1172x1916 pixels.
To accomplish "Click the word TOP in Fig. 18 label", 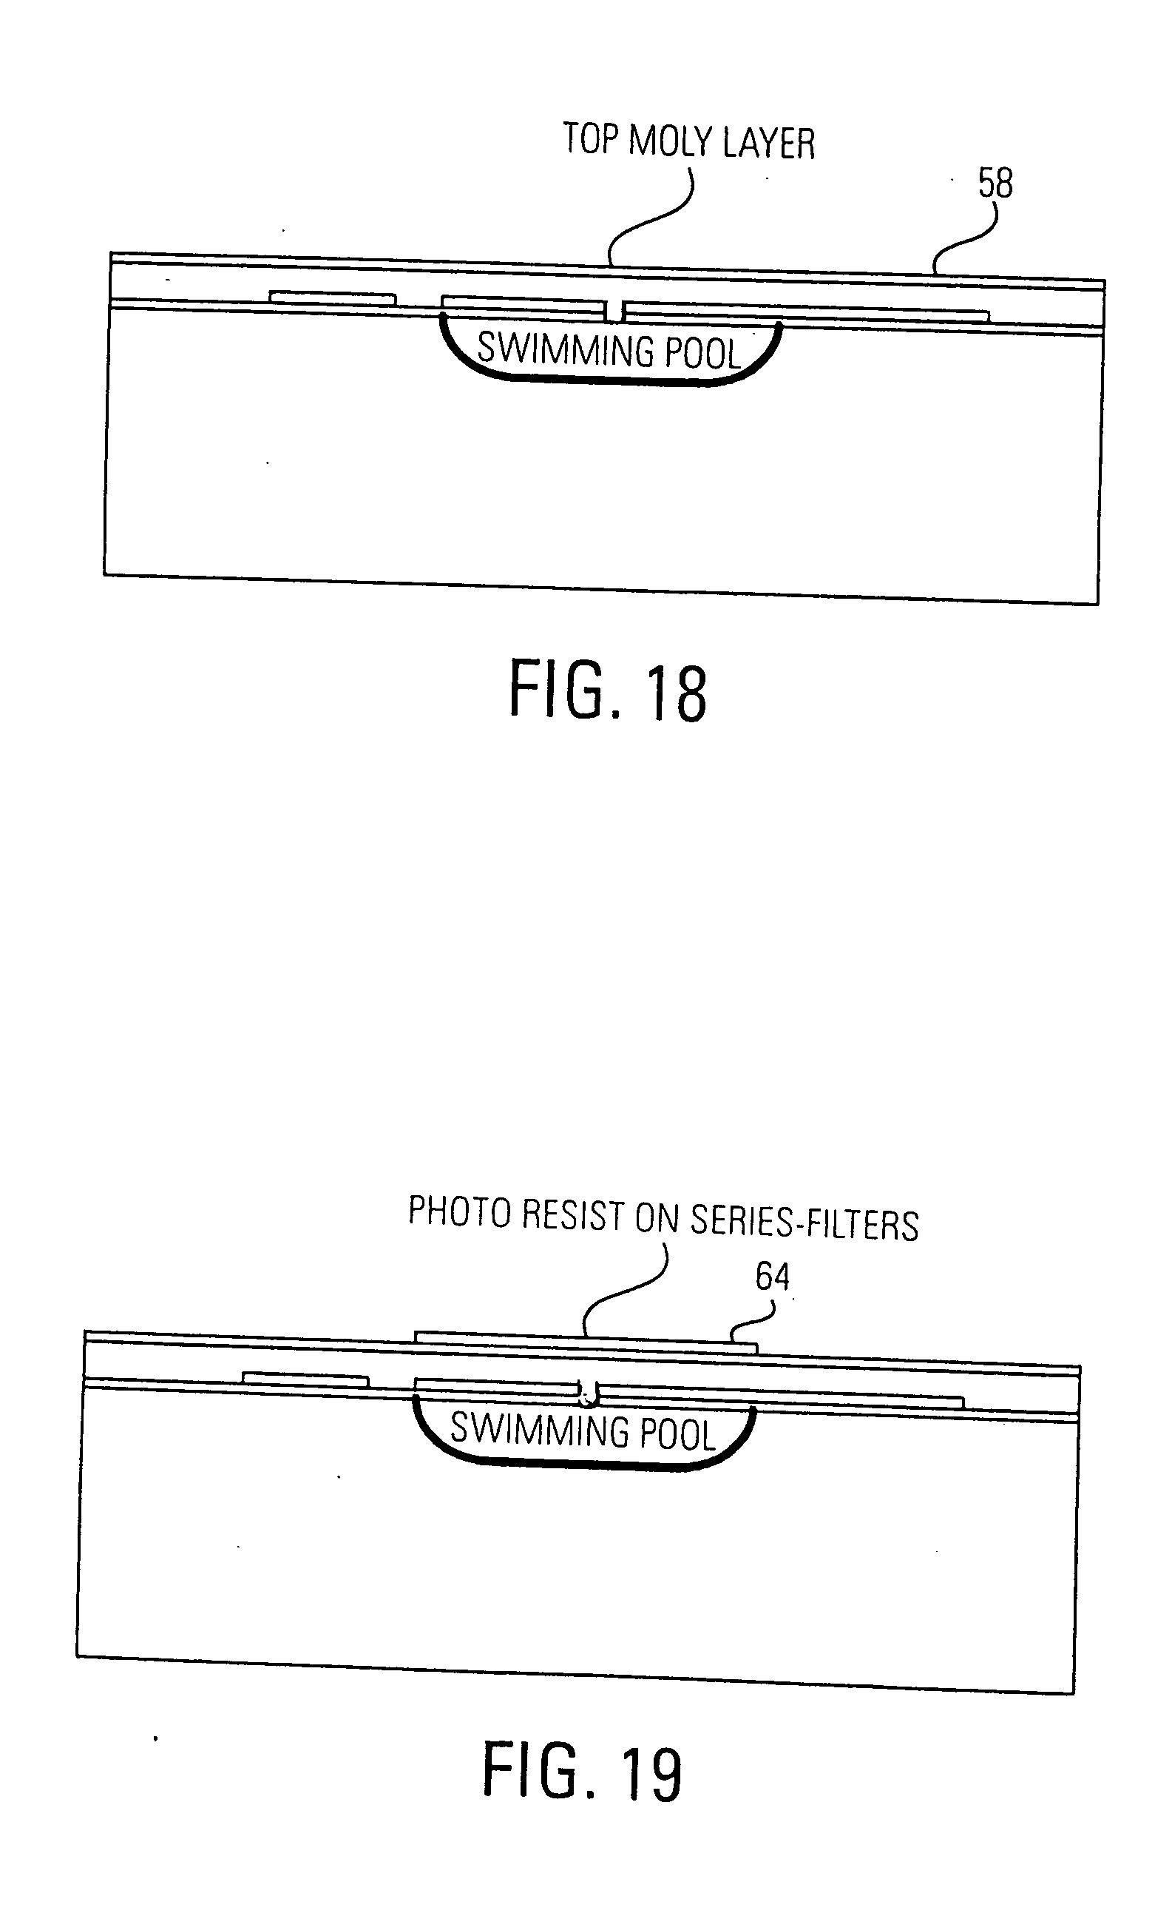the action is click(590, 140).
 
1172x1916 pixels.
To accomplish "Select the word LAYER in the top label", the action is click(768, 144).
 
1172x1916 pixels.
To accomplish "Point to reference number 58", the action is click(995, 184).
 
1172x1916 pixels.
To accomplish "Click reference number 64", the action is click(772, 1277).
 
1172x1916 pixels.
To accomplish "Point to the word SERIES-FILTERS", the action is click(804, 1223).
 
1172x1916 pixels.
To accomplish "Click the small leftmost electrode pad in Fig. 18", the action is click(333, 297).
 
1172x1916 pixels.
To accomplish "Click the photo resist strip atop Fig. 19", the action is click(585, 1342).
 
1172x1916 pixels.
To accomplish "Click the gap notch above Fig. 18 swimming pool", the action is click(614, 312).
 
